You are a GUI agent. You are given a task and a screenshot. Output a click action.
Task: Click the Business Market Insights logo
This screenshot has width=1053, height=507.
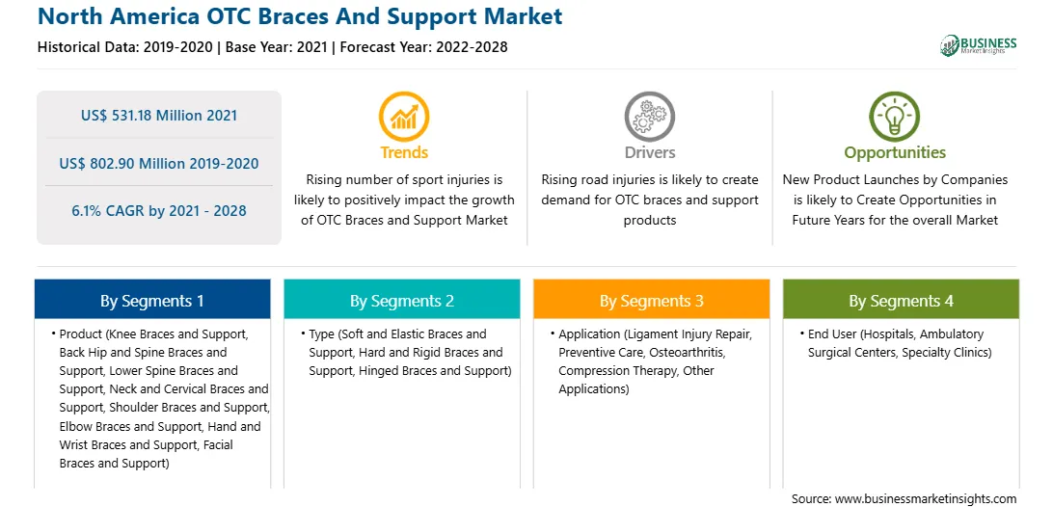click(x=979, y=45)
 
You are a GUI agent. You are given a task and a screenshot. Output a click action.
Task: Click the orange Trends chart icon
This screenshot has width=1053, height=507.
click(x=404, y=117)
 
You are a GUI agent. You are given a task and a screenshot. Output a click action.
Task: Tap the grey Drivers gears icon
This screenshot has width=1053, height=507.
click(x=649, y=117)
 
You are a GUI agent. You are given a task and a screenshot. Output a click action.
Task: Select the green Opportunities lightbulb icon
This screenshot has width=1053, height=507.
click(x=895, y=117)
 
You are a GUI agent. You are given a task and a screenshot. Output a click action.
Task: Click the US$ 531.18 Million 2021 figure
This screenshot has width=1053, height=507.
click(x=159, y=116)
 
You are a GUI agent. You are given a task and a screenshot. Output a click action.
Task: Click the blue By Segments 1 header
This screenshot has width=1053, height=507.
click(x=152, y=300)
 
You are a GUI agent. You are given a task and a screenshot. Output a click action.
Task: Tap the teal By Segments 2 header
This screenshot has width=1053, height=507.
click(x=401, y=300)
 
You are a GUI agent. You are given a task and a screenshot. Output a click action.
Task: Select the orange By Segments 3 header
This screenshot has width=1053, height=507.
click(x=652, y=300)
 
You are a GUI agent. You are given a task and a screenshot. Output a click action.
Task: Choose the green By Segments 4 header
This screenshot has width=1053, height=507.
click(x=902, y=300)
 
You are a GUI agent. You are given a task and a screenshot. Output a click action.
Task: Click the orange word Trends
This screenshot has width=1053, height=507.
click(x=404, y=152)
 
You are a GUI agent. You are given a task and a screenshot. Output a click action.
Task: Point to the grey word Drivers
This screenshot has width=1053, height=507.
click(x=649, y=152)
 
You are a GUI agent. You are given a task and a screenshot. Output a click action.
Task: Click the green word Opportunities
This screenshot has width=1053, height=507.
click(x=895, y=152)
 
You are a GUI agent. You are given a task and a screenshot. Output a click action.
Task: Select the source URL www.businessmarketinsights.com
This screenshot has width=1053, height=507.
click(x=926, y=498)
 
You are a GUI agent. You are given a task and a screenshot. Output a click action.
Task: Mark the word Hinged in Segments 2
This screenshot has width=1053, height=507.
click(x=377, y=370)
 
